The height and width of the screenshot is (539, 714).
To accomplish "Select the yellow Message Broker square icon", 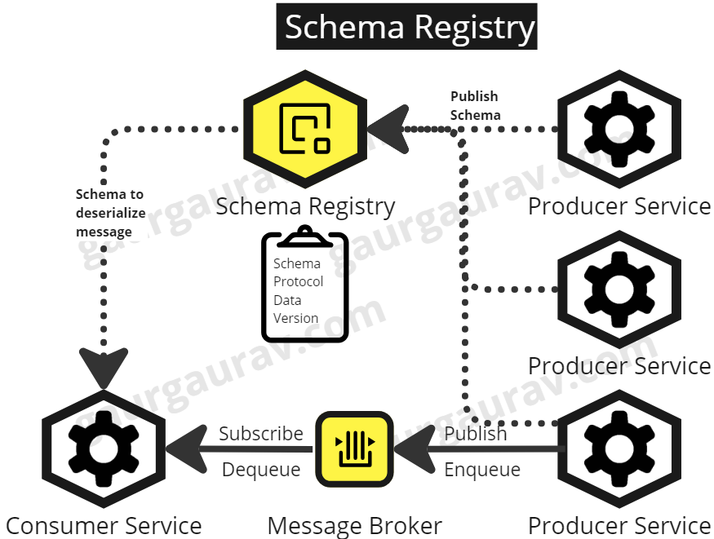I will pyautogui.click(x=355, y=448).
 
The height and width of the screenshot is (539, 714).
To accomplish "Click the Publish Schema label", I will pyautogui.click(x=475, y=106).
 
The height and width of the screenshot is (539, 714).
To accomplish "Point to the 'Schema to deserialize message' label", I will pyautogui.click(x=109, y=213).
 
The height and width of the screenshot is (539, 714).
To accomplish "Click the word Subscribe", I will pyautogui.click(x=260, y=434).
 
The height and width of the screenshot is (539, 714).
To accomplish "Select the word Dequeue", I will pyautogui.click(x=260, y=470).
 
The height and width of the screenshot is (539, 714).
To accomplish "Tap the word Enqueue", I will pyautogui.click(x=482, y=470).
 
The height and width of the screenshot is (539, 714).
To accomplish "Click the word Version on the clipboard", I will pyautogui.click(x=295, y=318).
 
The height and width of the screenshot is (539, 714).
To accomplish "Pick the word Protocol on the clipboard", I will pyautogui.click(x=298, y=281).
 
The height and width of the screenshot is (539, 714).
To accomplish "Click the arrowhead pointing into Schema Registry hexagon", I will pyautogui.click(x=387, y=129).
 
